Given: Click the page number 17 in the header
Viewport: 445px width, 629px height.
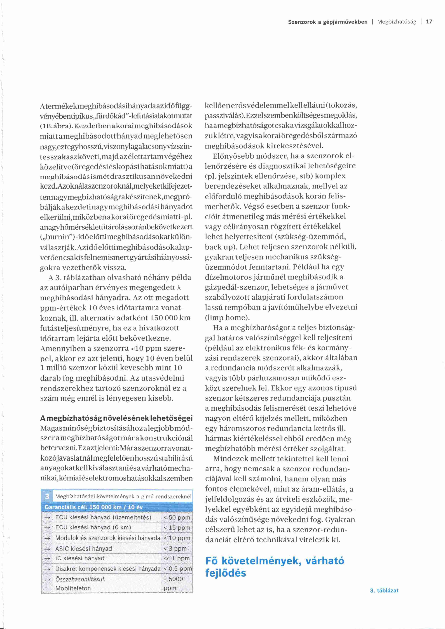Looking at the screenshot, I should click(429, 22).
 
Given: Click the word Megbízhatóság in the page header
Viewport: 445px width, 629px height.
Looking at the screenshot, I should click(397, 22).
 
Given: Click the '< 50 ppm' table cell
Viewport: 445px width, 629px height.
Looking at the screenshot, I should click(177, 517).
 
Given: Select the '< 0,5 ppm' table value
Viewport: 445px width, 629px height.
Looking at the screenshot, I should click(178, 569).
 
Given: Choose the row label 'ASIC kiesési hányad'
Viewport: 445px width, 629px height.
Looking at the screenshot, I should click(84, 548).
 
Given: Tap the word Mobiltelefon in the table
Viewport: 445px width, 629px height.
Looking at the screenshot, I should click(73, 588).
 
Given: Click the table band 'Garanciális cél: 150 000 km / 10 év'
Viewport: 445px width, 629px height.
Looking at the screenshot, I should click(93, 507).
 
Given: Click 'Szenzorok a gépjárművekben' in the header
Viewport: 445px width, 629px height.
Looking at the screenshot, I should click(327, 22).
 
